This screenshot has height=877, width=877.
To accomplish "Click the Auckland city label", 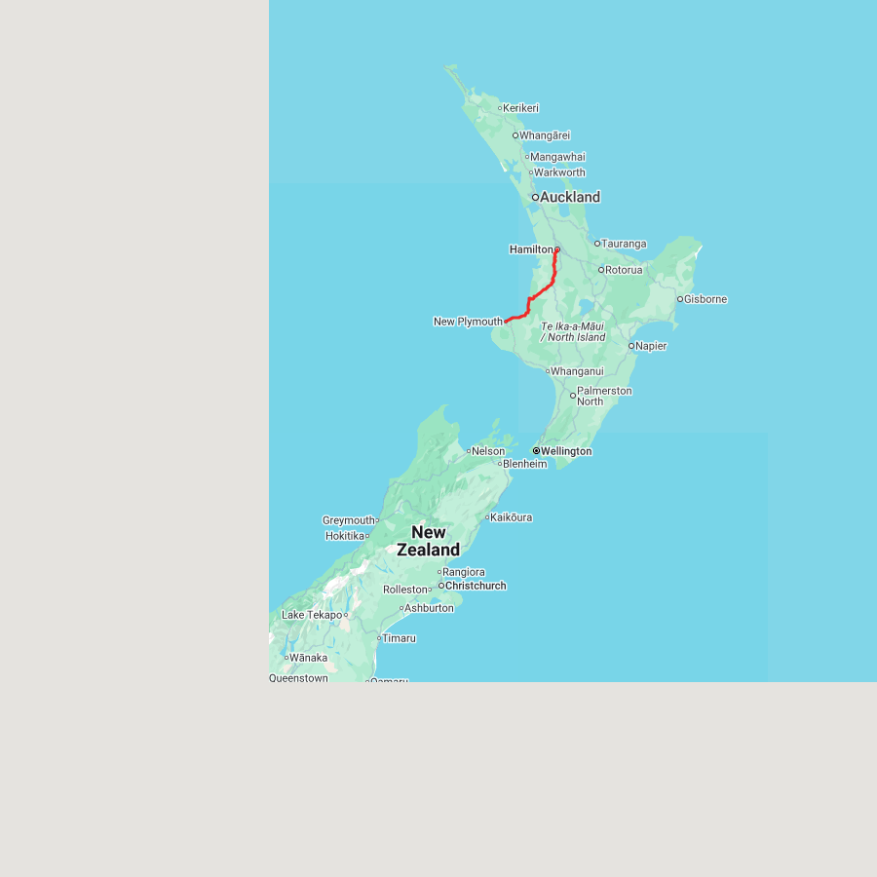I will coord(570,197).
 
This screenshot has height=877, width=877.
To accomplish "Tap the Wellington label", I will coord(566,451).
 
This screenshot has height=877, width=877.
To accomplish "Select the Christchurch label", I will coord(476,586).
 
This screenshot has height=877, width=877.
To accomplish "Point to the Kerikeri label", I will coord(521,108).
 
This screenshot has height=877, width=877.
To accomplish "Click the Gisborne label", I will coord(706,299).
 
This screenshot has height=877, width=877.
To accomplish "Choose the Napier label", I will coord(651,346).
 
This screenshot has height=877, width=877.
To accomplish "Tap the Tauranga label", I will coord(624,244).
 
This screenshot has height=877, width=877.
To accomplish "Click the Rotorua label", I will coord(624,270).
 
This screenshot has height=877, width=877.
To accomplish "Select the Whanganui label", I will coord(577,371).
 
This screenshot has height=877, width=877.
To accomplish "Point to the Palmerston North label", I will coord(604,396).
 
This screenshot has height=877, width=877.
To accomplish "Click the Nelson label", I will coord(489,451).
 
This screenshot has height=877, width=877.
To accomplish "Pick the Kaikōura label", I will coord(512,517).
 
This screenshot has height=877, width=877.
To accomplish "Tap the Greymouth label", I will coord(349,520).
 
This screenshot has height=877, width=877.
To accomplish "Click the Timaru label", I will coord(400,638).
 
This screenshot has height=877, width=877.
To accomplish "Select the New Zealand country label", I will coord(429,541).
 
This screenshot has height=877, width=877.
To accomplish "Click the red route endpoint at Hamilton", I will coord(556,250).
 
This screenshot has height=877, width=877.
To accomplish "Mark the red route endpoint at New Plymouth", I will coord(507,321).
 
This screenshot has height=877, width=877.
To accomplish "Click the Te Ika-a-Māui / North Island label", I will coord(573,331).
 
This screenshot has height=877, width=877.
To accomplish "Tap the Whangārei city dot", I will coord(515,135).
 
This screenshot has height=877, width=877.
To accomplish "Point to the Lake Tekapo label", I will coord(312,615).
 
